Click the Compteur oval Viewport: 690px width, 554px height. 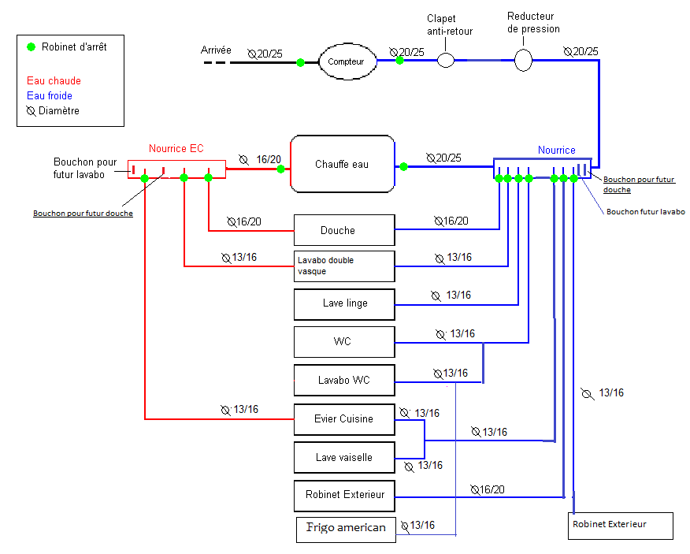click(347, 61)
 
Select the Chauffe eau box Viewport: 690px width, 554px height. click(342, 164)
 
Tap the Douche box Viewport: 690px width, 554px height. click(343, 230)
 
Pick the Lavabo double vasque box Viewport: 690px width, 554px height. click(343, 266)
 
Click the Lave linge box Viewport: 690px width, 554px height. click(343, 303)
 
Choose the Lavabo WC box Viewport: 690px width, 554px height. click(343, 380)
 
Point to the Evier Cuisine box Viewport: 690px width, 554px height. click(343, 418)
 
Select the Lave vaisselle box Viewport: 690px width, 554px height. click(343, 457)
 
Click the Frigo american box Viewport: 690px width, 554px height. click(346, 527)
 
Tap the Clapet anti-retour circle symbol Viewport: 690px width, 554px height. click(446, 60)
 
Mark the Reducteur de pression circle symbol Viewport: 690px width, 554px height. click(523, 59)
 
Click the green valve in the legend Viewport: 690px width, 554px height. click(31, 46)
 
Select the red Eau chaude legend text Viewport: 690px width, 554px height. click(54, 80)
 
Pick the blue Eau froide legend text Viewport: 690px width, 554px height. click(50, 95)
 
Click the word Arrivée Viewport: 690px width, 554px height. click(216, 50)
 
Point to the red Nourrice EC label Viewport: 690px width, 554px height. click(176, 148)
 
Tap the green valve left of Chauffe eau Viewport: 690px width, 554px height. click(280, 168)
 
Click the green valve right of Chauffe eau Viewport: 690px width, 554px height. click(403, 166)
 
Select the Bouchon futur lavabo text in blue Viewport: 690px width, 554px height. click(645, 211)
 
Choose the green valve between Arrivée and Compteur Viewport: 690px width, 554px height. click(300, 62)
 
